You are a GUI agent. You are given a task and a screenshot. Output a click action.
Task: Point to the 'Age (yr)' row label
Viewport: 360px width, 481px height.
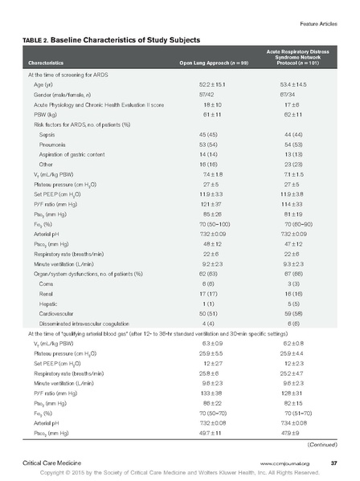coord(44,84)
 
